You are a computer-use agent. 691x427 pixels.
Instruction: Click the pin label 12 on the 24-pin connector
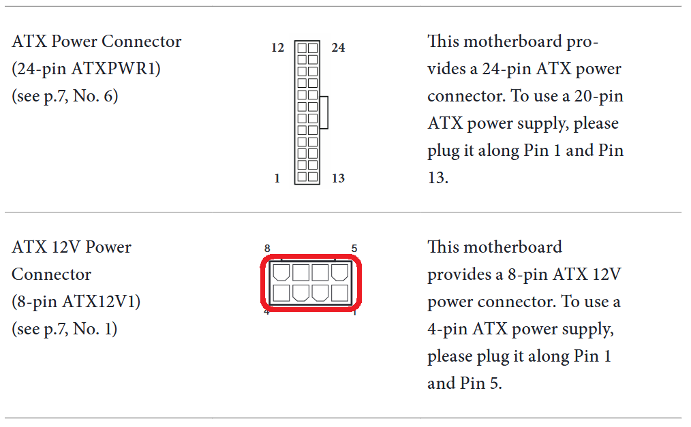click(277, 48)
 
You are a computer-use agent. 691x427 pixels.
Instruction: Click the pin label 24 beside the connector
click(339, 48)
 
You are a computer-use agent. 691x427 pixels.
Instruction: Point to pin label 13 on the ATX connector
click(338, 178)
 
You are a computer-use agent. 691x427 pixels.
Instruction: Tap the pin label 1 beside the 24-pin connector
click(277, 178)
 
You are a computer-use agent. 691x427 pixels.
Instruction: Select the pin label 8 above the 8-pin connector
click(267, 249)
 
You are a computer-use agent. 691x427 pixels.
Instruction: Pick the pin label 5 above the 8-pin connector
click(354, 249)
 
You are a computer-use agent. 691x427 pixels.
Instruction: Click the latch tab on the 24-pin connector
click(324, 112)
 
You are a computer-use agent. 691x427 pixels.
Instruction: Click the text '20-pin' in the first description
click(598, 97)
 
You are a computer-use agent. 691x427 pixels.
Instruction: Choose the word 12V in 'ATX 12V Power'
click(65, 247)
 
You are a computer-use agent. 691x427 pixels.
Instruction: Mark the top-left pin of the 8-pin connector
click(281, 272)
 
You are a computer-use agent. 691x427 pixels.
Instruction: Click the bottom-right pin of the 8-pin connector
click(339, 293)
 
